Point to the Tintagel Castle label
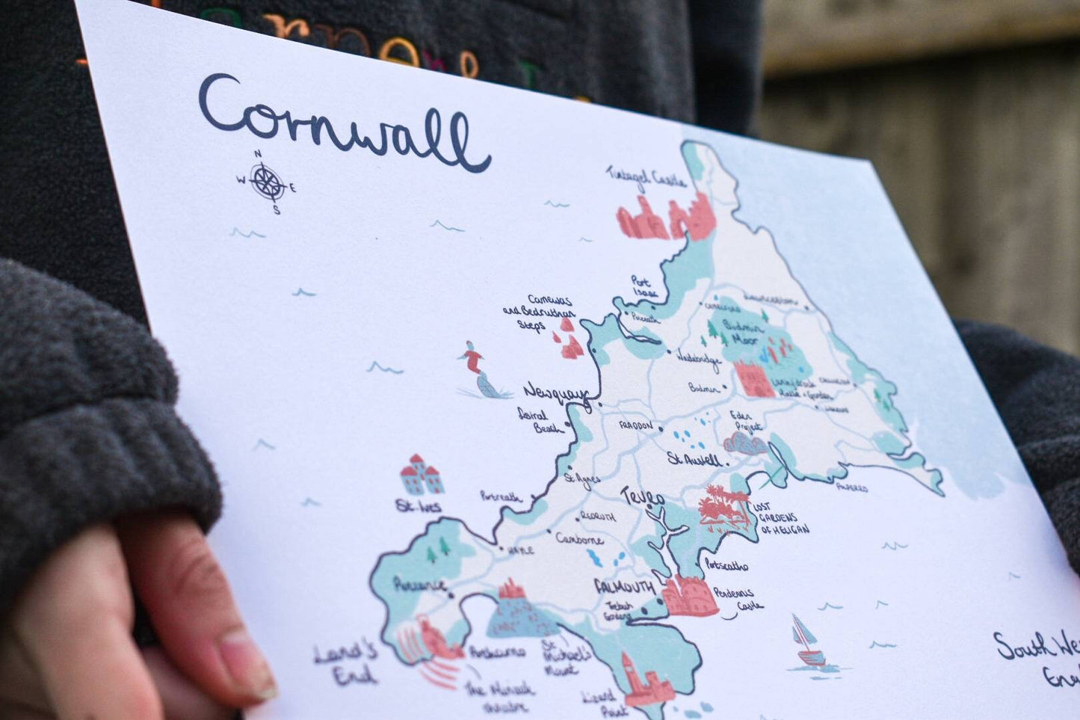[x=647, y=177]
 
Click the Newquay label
[x=555, y=392]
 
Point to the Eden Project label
[x=746, y=421]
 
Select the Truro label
[x=642, y=496]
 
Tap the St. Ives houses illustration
[x=422, y=476]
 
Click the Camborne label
[x=579, y=539]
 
